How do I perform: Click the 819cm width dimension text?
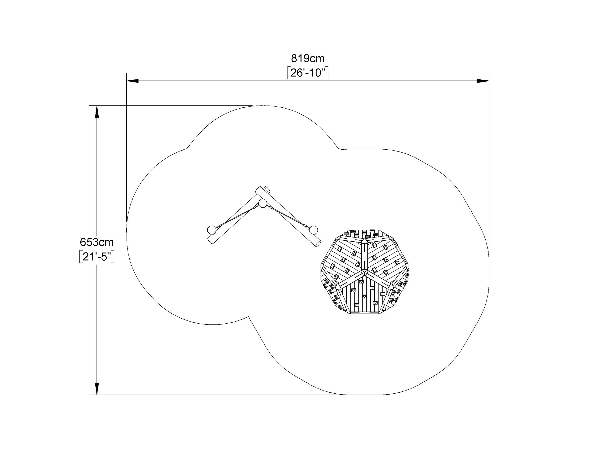point(308,59)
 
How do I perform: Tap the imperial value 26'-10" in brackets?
point(308,73)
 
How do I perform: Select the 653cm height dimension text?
point(97,242)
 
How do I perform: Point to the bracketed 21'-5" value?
point(97,257)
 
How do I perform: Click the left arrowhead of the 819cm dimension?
point(133,81)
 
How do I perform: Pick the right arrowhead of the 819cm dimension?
point(483,81)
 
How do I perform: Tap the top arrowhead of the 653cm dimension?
point(97,111)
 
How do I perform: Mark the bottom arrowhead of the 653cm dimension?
point(97,389)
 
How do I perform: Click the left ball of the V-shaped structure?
point(212,230)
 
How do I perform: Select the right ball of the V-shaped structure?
point(314,230)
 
